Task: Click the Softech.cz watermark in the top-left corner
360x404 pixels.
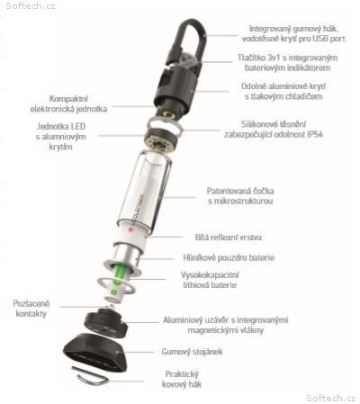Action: (31, 6)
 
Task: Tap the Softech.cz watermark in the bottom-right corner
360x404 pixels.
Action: (331, 398)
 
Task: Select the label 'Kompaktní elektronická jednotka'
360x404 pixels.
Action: (68, 103)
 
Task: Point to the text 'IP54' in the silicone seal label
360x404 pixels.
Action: (315, 134)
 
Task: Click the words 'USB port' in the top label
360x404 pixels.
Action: (328, 39)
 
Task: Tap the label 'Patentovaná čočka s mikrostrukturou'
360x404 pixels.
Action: (240, 196)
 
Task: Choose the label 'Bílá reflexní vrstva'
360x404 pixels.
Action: (229, 238)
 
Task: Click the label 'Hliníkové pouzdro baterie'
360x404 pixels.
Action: (229, 257)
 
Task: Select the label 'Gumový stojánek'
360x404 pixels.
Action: (192, 352)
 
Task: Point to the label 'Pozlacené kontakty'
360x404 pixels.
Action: (31, 309)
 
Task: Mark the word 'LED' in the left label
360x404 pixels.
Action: (77, 126)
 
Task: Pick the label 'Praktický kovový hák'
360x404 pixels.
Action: (182, 379)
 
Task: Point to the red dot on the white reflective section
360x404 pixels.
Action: (130, 229)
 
